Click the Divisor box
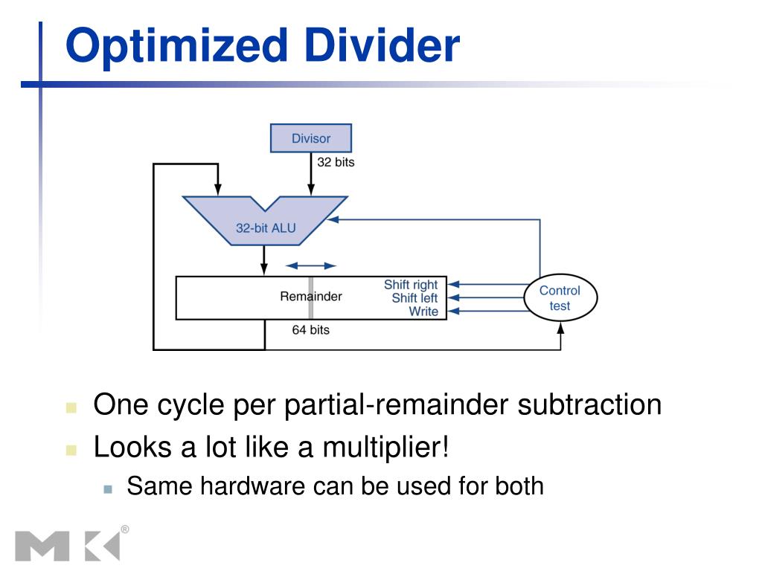pos(310,138)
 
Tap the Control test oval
pos(560,298)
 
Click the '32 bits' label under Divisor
pos(336,162)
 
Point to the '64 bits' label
pos(310,329)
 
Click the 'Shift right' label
pos(411,285)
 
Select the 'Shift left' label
pos(414,298)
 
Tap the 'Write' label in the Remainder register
pos(423,312)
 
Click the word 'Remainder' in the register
pos(310,297)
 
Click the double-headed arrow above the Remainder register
pos(311,265)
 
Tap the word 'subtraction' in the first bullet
pos(589,405)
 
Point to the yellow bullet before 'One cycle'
pos(71,407)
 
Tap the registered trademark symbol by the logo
pos(124,529)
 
